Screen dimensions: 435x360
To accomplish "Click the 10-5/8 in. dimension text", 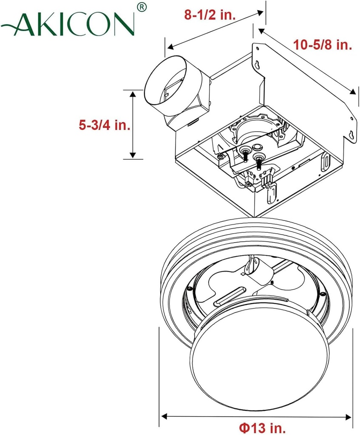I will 323,45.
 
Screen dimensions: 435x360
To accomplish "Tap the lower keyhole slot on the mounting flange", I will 351,136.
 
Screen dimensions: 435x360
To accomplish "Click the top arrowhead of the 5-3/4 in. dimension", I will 133,94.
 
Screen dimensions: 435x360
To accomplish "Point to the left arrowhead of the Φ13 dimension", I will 164,416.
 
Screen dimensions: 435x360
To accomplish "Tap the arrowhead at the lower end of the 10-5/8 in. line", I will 352,92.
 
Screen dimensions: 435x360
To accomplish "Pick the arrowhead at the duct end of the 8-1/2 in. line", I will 169,46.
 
